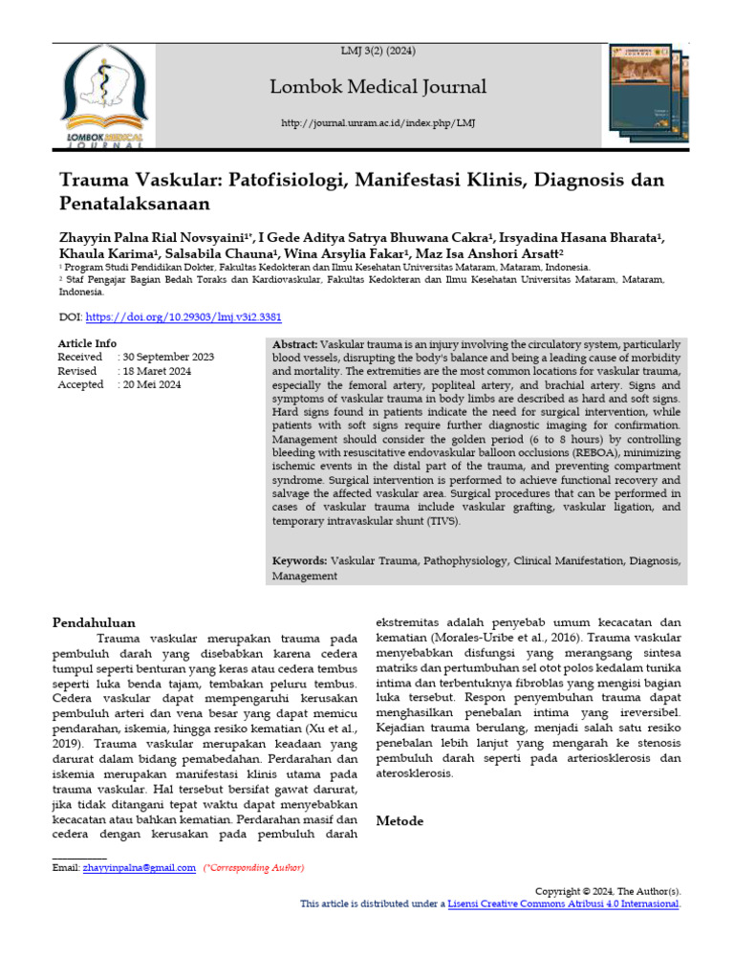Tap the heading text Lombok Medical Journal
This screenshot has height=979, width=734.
point(378,87)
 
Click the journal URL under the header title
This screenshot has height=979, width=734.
point(378,124)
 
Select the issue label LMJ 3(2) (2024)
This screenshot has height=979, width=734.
point(378,51)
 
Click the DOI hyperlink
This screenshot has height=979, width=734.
point(183,316)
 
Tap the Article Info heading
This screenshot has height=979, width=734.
point(87,343)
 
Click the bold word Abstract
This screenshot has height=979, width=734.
point(295,343)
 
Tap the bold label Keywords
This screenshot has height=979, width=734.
point(300,562)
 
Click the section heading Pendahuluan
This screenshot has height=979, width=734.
point(94,622)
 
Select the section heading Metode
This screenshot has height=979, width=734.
point(399,820)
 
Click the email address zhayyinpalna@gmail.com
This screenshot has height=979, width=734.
point(139,868)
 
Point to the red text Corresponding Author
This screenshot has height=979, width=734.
point(254,868)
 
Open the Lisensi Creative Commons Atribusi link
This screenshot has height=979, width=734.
point(563,903)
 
